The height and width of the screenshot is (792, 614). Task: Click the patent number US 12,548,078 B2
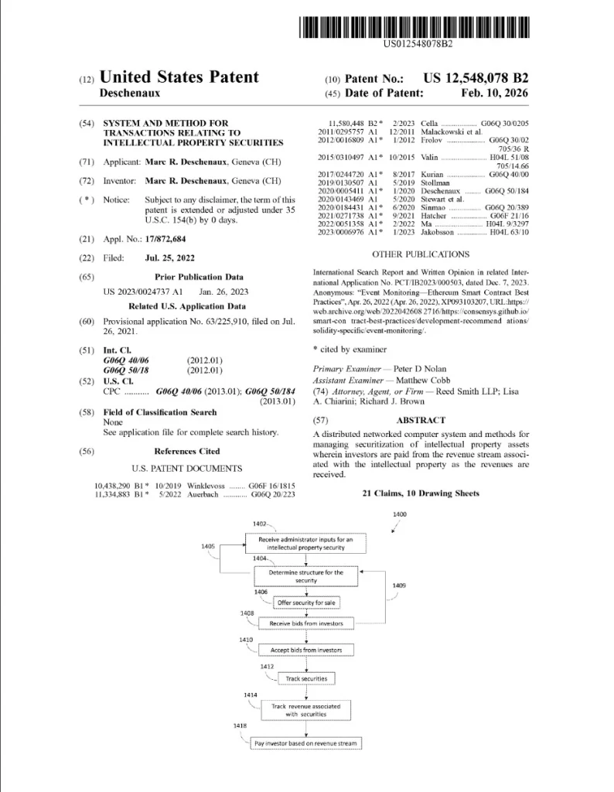point(476,78)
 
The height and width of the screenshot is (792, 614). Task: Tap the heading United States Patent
point(179,77)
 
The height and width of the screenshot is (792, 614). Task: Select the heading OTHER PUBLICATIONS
point(420,254)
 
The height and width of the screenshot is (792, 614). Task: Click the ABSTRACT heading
point(420,420)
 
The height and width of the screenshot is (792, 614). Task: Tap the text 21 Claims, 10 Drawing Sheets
point(420,493)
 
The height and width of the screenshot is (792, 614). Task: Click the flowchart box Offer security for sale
point(307,601)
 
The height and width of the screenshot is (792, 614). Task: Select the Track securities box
point(306,678)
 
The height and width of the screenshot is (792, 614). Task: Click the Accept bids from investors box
point(306,650)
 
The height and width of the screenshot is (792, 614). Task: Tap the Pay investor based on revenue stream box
point(306,743)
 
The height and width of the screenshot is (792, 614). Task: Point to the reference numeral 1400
point(400,514)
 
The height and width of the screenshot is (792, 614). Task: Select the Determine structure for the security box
point(306,576)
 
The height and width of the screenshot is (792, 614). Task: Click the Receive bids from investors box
point(306,623)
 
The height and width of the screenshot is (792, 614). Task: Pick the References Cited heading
point(186,451)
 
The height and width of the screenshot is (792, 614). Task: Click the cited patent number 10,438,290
point(114,483)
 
